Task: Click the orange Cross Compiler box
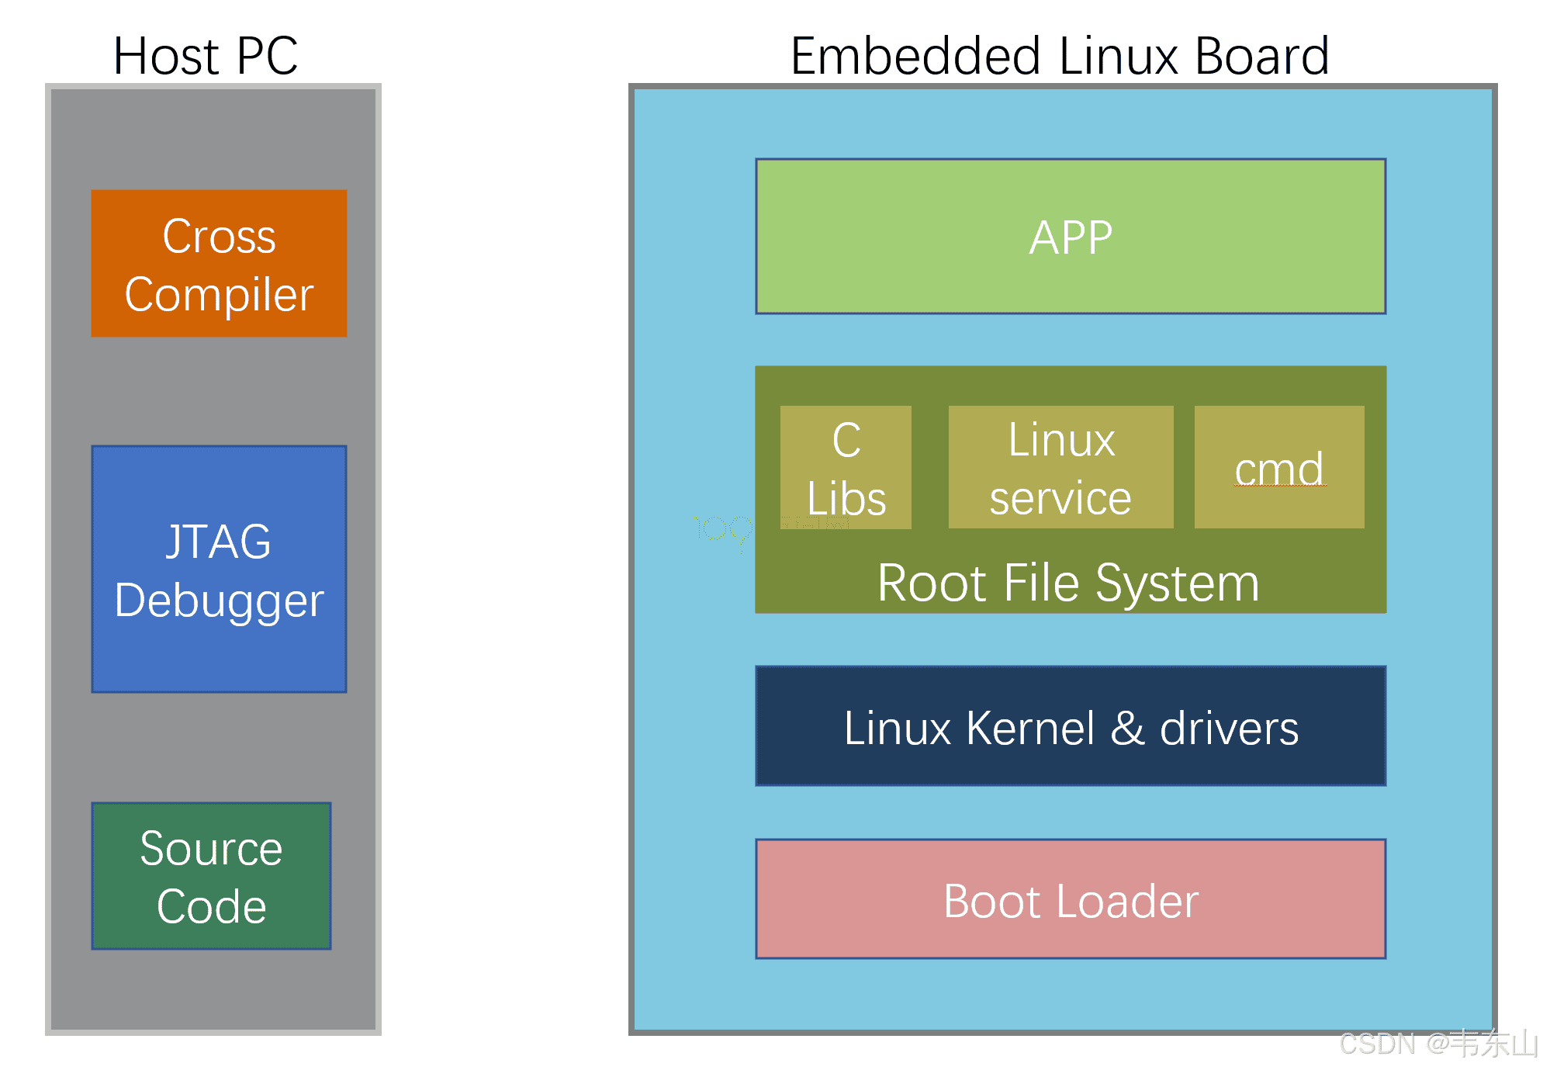(219, 263)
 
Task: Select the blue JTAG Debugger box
(219, 569)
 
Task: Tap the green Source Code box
(211, 876)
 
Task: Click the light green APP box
(1071, 237)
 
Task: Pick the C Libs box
(846, 467)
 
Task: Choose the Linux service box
(1060, 467)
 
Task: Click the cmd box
(1279, 467)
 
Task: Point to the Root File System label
(1068, 583)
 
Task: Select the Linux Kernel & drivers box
(1071, 726)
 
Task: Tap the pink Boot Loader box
(1071, 899)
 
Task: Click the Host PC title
(205, 56)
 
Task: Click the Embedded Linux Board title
(1060, 56)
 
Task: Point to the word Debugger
(219, 601)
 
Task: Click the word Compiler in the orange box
(219, 296)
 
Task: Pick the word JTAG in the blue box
(219, 542)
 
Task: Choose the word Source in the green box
(211, 848)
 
